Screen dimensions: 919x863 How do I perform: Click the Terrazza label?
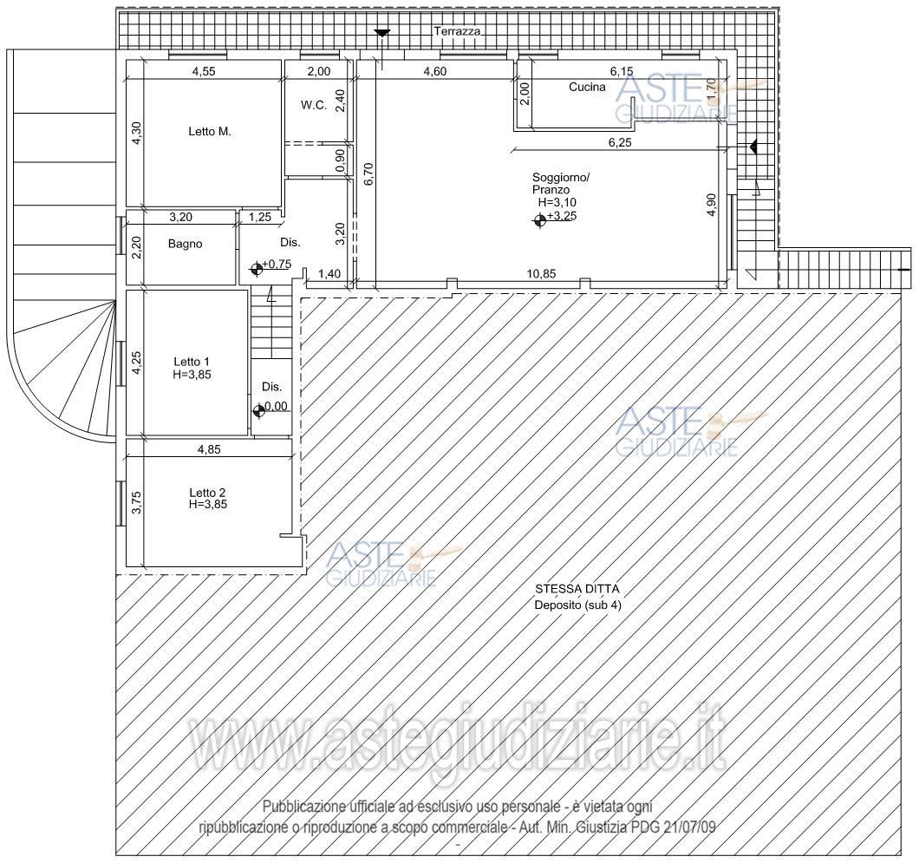pos(457,32)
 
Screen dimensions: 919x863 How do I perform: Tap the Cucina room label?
pos(587,87)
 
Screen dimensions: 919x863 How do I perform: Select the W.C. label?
pos(314,106)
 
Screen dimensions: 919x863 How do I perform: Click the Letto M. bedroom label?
pos(210,131)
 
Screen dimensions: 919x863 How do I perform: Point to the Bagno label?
pos(186,244)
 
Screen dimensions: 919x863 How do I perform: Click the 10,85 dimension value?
pos(541,274)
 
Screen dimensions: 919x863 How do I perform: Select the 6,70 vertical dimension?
pos(368,174)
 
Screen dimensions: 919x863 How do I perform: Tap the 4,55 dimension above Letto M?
pos(204,71)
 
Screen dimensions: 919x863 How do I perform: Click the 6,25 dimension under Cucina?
pos(620,142)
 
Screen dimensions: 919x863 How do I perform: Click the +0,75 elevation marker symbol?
pos(256,269)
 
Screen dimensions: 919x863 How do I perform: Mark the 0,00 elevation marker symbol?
pos(258,411)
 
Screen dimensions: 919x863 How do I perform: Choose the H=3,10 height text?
pos(557,202)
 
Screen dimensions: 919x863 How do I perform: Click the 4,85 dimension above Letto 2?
pos(209,449)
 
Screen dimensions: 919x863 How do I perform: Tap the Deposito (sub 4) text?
pos(577,605)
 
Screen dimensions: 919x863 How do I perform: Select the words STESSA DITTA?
pos(577,589)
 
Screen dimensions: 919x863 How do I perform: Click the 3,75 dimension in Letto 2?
pos(137,502)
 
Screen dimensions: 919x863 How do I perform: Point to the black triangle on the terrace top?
pos(382,33)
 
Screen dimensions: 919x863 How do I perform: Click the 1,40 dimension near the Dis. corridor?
pos(329,274)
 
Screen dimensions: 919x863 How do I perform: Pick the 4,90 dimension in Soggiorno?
pos(712,205)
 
